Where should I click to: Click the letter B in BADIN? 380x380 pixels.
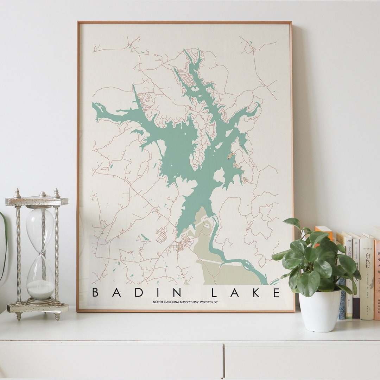click(x=95, y=293)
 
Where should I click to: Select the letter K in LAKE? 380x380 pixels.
click(x=254, y=293)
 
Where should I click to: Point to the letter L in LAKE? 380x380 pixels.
click(x=215, y=293)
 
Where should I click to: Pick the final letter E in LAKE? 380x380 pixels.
click(x=276, y=293)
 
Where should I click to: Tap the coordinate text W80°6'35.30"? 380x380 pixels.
click(x=206, y=302)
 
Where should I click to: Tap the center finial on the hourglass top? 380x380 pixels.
click(x=42, y=194)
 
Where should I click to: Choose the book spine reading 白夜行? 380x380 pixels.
click(x=367, y=278)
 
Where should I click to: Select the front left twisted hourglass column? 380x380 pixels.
click(x=18, y=253)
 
